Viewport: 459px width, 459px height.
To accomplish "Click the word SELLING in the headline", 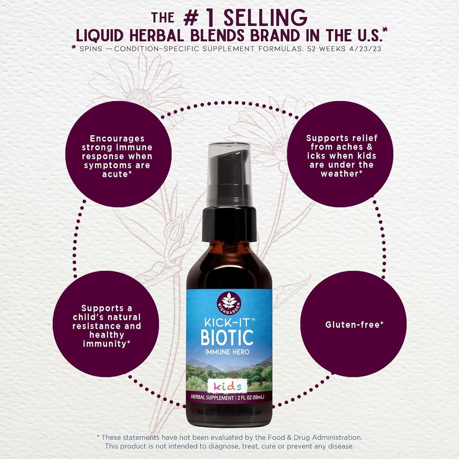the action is click(x=265, y=18).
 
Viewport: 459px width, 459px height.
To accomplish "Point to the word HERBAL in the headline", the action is click(x=156, y=36).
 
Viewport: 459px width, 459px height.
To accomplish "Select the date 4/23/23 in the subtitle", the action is click(x=365, y=49).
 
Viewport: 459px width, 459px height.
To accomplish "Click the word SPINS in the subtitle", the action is click(x=91, y=49).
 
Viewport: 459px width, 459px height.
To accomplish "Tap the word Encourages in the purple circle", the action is click(x=117, y=139).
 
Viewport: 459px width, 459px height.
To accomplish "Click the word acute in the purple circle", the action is click(x=115, y=174).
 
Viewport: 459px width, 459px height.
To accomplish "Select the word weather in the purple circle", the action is click(x=340, y=173).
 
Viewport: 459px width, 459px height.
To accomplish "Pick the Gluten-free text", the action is click(x=354, y=325).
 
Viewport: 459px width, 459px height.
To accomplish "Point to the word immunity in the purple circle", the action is click(x=104, y=344).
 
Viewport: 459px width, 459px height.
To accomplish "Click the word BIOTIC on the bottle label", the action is click(x=227, y=337).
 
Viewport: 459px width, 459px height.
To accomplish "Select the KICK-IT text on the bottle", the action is click(x=227, y=323).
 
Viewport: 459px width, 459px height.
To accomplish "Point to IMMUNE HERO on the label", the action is click(x=227, y=352).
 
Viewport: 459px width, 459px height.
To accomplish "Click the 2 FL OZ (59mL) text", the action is click(x=251, y=397).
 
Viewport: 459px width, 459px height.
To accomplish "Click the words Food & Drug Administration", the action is click(x=315, y=437).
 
